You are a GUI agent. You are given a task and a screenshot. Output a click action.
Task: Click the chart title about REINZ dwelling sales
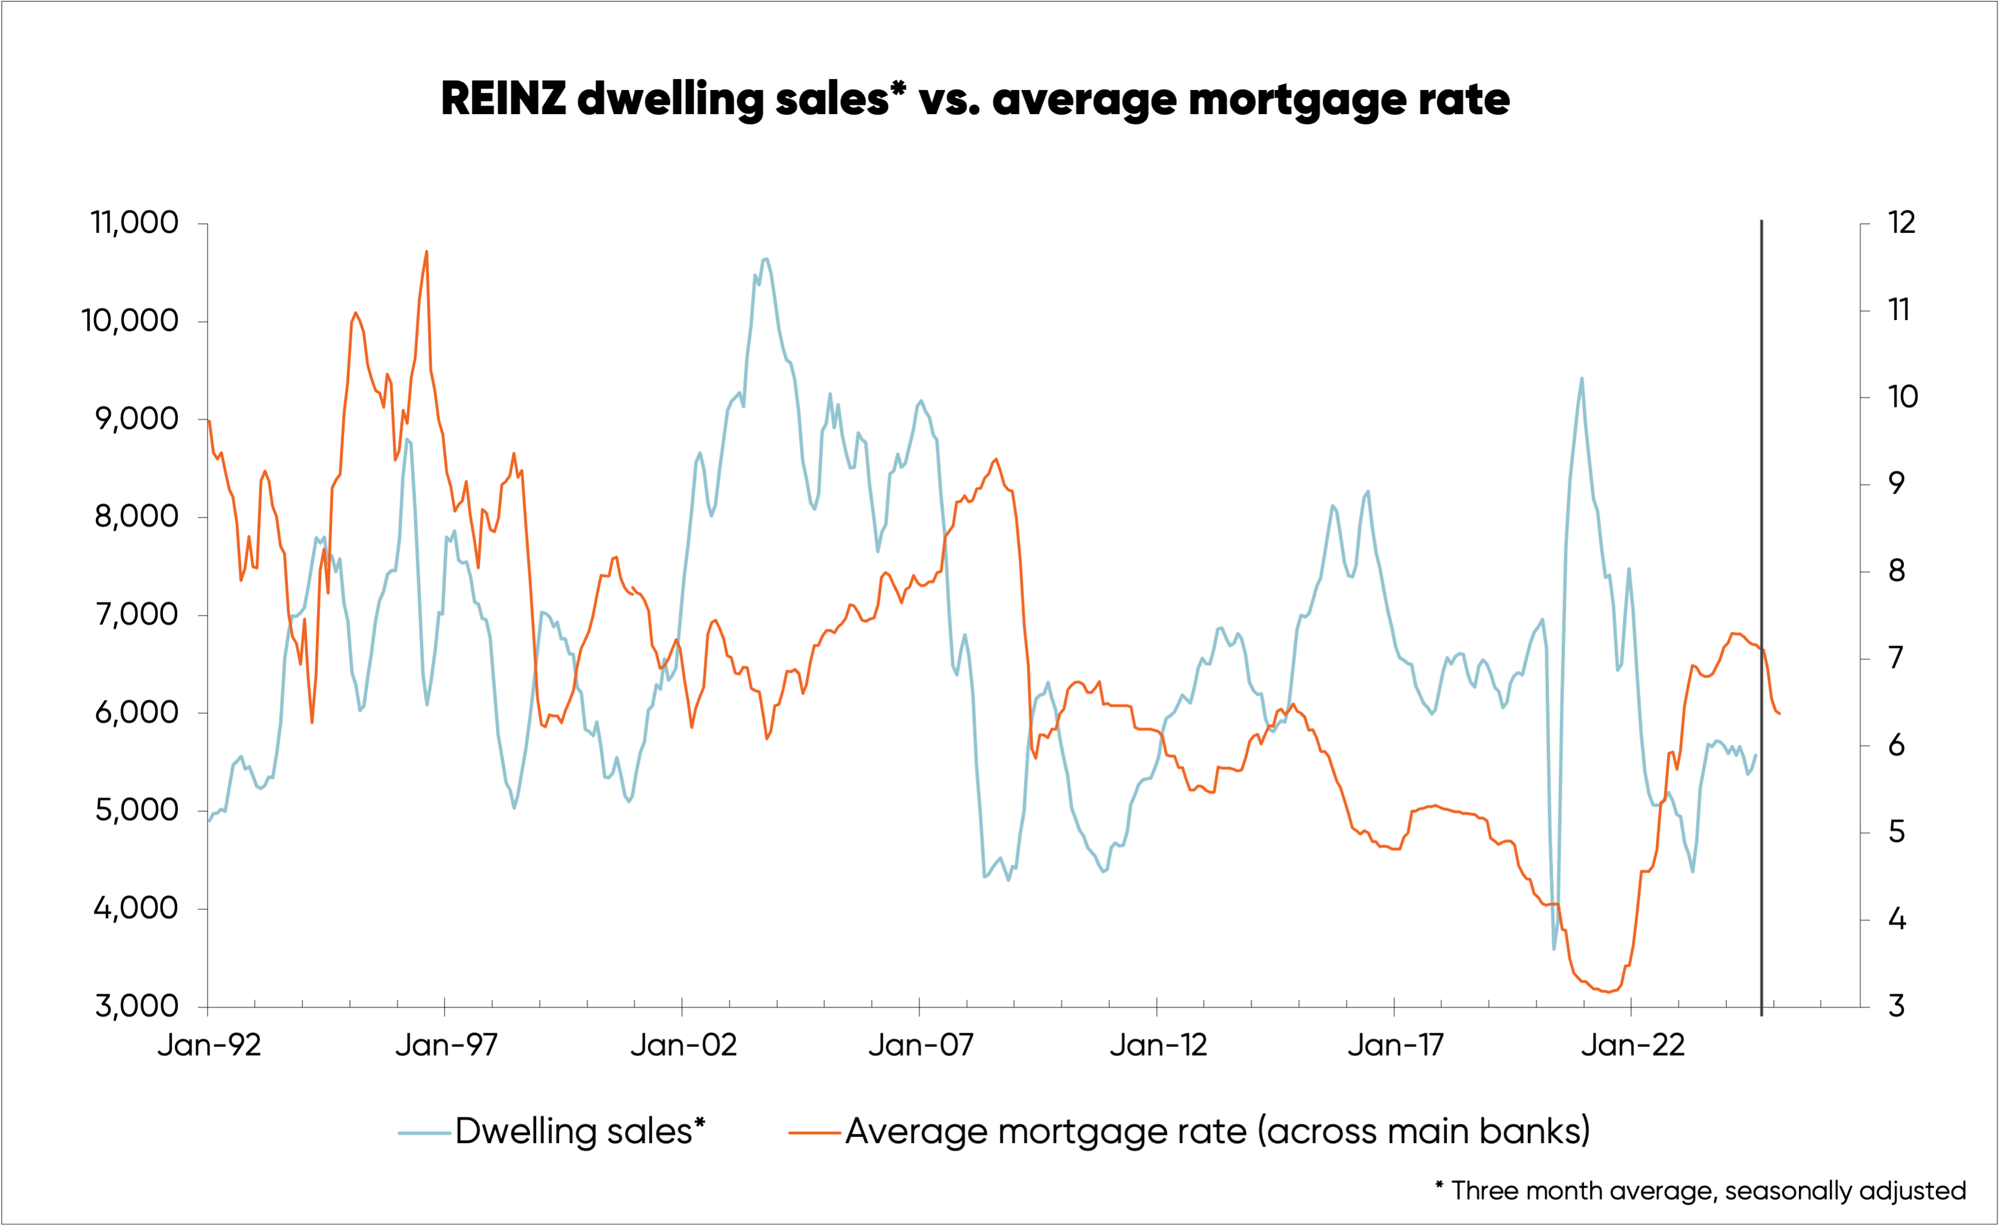coord(975,99)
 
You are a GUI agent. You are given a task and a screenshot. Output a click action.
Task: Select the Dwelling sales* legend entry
coord(553,1131)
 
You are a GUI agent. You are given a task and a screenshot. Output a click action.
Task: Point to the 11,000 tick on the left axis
coord(134,222)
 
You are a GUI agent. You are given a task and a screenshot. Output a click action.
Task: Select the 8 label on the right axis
coord(1897,571)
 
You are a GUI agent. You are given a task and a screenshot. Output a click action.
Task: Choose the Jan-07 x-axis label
coord(921,1046)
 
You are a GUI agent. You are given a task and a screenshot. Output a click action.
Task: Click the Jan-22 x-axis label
coord(1632,1046)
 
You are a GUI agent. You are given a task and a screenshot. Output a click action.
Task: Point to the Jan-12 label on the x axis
coord(1158,1046)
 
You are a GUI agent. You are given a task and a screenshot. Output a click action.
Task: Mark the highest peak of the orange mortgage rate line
coord(427,252)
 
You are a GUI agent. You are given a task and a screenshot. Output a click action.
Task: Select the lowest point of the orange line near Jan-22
coord(1608,991)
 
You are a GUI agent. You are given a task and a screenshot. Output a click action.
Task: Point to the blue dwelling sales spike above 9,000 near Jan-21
coord(1581,378)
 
